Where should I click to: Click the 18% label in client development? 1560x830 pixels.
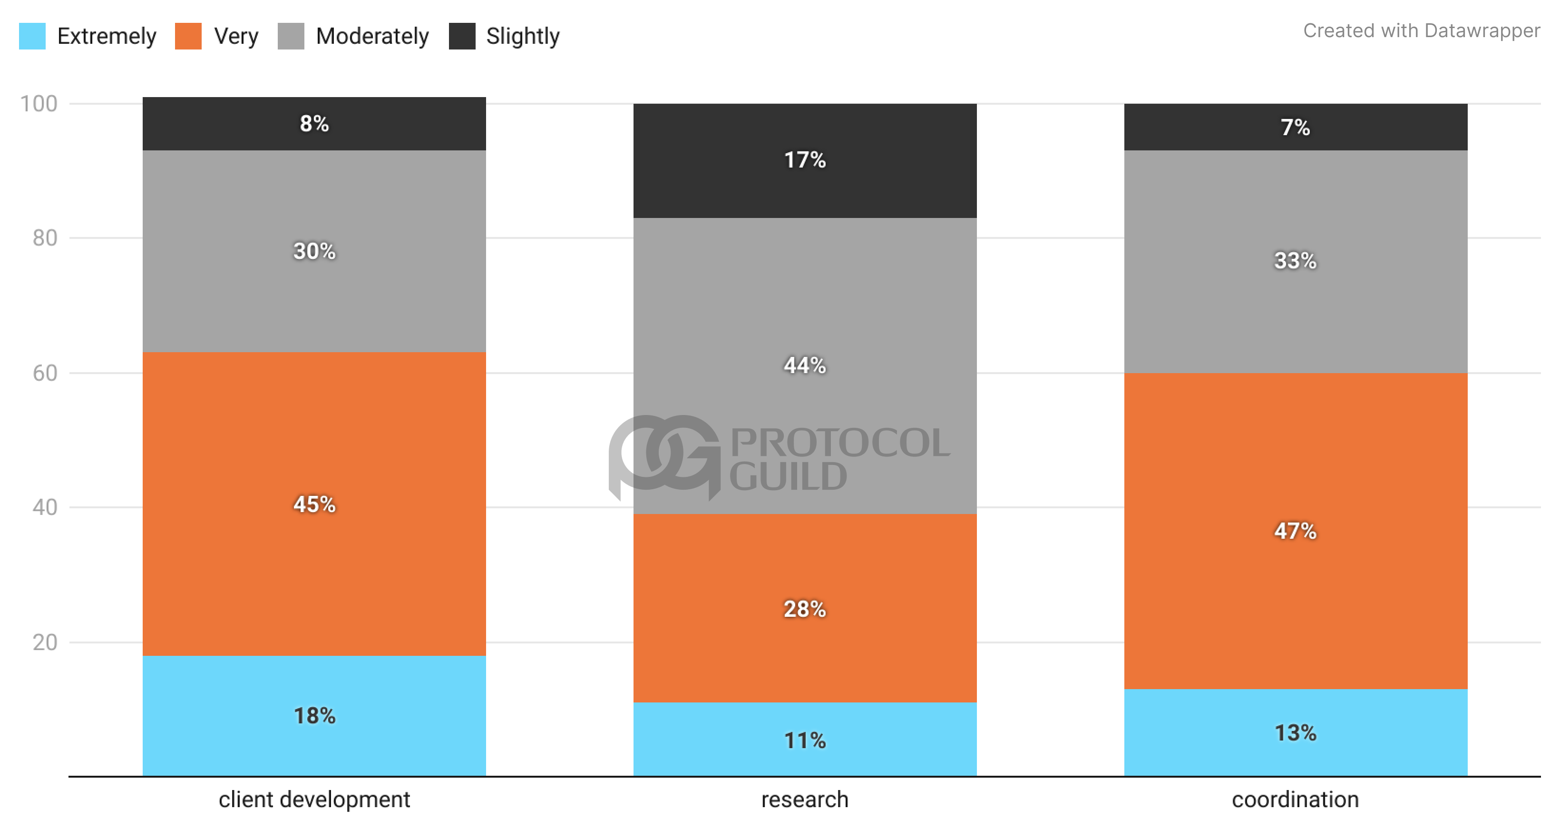[x=314, y=715]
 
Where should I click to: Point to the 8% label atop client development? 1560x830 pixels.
[x=314, y=124]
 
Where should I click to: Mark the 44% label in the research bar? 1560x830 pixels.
[x=805, y=366]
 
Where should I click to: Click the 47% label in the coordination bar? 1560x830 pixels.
[x=1296, y=531]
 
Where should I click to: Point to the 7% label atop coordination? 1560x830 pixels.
[x=1296, y=127]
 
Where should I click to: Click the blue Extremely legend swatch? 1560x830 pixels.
[x=32, y=36]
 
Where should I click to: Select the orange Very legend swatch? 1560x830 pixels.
[x=188, y=36]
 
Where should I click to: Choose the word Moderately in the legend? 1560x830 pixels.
[x=372, y=36]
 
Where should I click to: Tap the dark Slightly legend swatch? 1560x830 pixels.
[x=462, y=36]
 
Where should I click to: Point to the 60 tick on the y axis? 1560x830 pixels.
[x=45, y=373]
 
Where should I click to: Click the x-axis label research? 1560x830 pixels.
[x=805, y=800]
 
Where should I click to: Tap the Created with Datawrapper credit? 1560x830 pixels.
[x=1421, y=30]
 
